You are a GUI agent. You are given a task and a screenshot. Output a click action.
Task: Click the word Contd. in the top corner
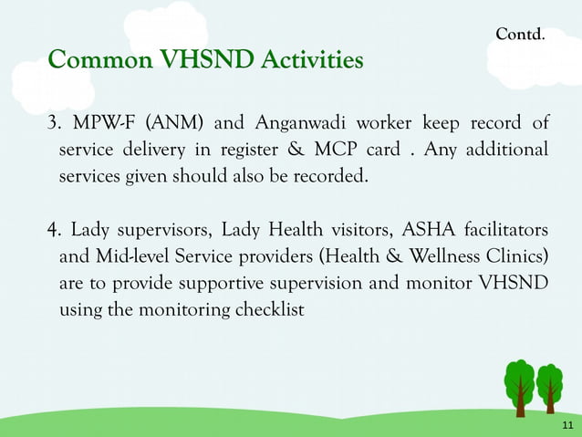(x=520, y=35)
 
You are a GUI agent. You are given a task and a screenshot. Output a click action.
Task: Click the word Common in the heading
(x=100, y=61)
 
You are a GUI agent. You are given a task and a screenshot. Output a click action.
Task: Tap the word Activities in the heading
(x=313, y=61)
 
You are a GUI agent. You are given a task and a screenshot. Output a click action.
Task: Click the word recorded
(x=334, y=175)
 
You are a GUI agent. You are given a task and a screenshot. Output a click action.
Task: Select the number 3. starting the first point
(x=54, y=123)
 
